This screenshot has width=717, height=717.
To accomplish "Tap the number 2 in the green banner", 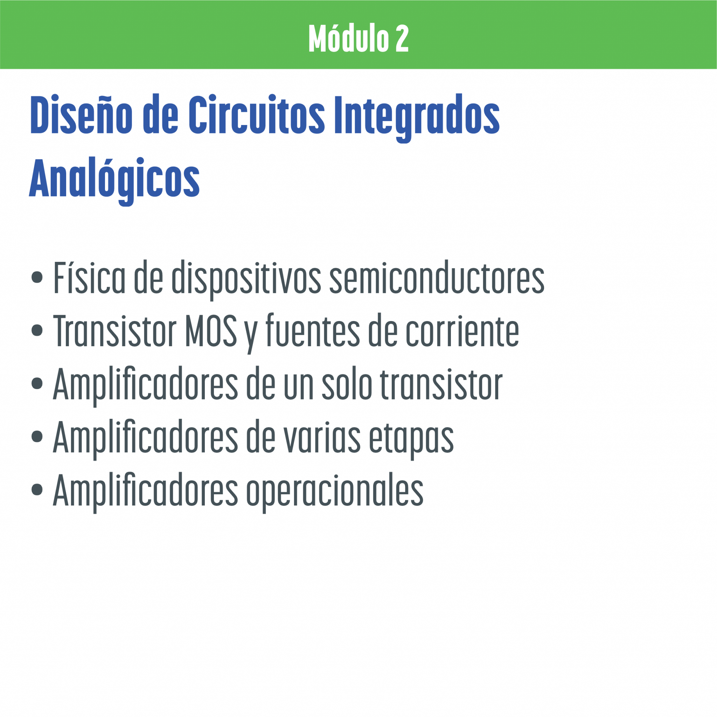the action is coord(402,39).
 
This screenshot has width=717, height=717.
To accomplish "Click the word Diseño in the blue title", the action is coord(81,114).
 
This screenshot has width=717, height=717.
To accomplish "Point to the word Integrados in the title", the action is coord(417,118).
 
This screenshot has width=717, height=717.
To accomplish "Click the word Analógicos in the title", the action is coord(114,181).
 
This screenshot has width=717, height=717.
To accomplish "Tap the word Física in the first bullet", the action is coord(89,278).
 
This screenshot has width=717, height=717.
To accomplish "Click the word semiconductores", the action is coord(437,278).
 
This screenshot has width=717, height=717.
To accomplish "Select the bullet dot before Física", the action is coord(37,277).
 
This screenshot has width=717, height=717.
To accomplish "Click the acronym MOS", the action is coord(210,330).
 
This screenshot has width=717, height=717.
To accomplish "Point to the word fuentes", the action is coord(313,330).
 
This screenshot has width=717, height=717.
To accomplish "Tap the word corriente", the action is coord(462,330).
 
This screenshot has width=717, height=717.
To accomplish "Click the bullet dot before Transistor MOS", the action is coord(37,330).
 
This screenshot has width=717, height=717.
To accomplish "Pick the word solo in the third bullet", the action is coord(347,384).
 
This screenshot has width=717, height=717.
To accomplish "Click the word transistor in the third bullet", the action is coord(441,384).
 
